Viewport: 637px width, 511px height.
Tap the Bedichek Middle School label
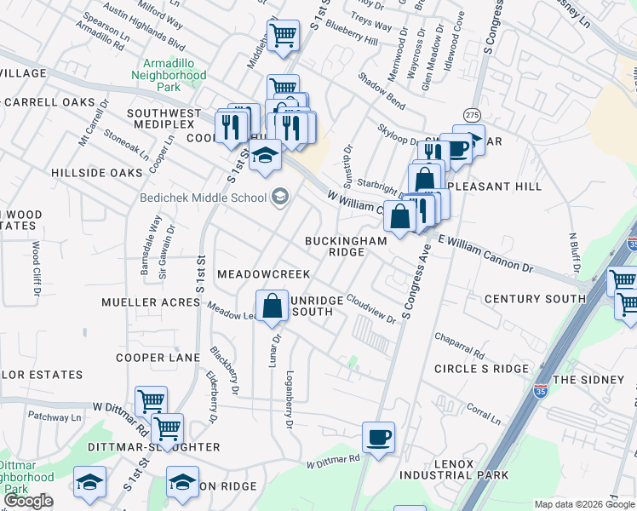[x=204, y=198]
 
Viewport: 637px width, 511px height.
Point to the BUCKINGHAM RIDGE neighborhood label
[x=346, y=246]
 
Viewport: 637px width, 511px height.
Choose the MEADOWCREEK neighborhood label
[x=263, y=275]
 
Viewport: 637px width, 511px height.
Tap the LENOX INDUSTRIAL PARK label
[x=471, y=469]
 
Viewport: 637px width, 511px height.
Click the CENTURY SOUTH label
[x=535, y=299]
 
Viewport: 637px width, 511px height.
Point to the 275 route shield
[x=471, y=115]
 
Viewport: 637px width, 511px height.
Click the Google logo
[x=28, y=501]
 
